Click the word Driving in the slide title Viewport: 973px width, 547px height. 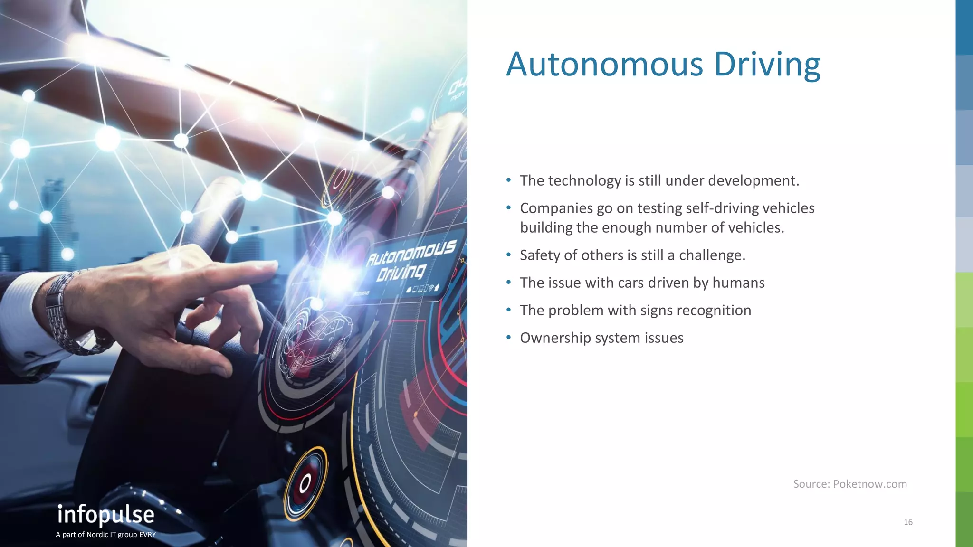(767, 65)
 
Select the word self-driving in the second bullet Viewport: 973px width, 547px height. (713, 208)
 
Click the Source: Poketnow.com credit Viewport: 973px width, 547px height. (849, 484)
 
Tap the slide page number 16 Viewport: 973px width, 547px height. (908, 522)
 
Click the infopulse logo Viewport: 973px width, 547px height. (106, 515)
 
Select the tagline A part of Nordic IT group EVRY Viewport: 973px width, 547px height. (106, 535)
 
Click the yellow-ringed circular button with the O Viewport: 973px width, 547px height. (305, 483)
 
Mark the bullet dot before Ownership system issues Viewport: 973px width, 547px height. (508, 338)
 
